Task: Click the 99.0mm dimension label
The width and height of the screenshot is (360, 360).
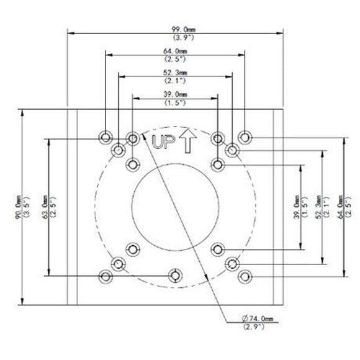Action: (175, 30)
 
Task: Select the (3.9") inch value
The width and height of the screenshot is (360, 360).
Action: (175, 38)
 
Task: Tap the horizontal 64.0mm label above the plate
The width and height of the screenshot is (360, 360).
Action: (175, 51)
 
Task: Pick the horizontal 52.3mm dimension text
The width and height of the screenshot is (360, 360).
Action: (175, 73)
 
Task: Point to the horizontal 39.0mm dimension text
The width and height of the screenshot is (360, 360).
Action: (175, 94)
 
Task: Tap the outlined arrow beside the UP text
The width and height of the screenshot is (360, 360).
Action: (187, 141)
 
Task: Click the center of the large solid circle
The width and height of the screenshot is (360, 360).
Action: (175, 200)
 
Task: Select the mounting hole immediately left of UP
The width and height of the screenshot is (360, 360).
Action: (132, 137)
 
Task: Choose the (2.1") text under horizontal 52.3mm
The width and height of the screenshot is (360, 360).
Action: (175, 81)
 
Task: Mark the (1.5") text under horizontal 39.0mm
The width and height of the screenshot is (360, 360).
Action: (175, 102)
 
